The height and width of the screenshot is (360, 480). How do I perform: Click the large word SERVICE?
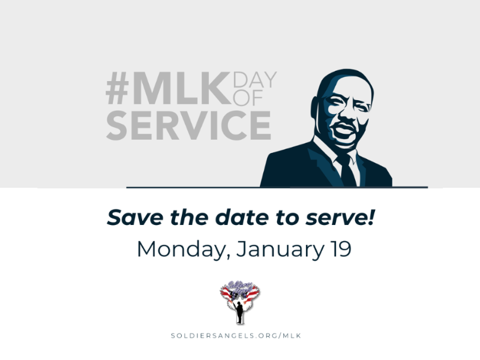(188, 125)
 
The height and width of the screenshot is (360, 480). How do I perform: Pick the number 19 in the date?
(338, 248)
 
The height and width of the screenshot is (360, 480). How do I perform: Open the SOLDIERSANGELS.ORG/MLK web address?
(240, 335)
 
